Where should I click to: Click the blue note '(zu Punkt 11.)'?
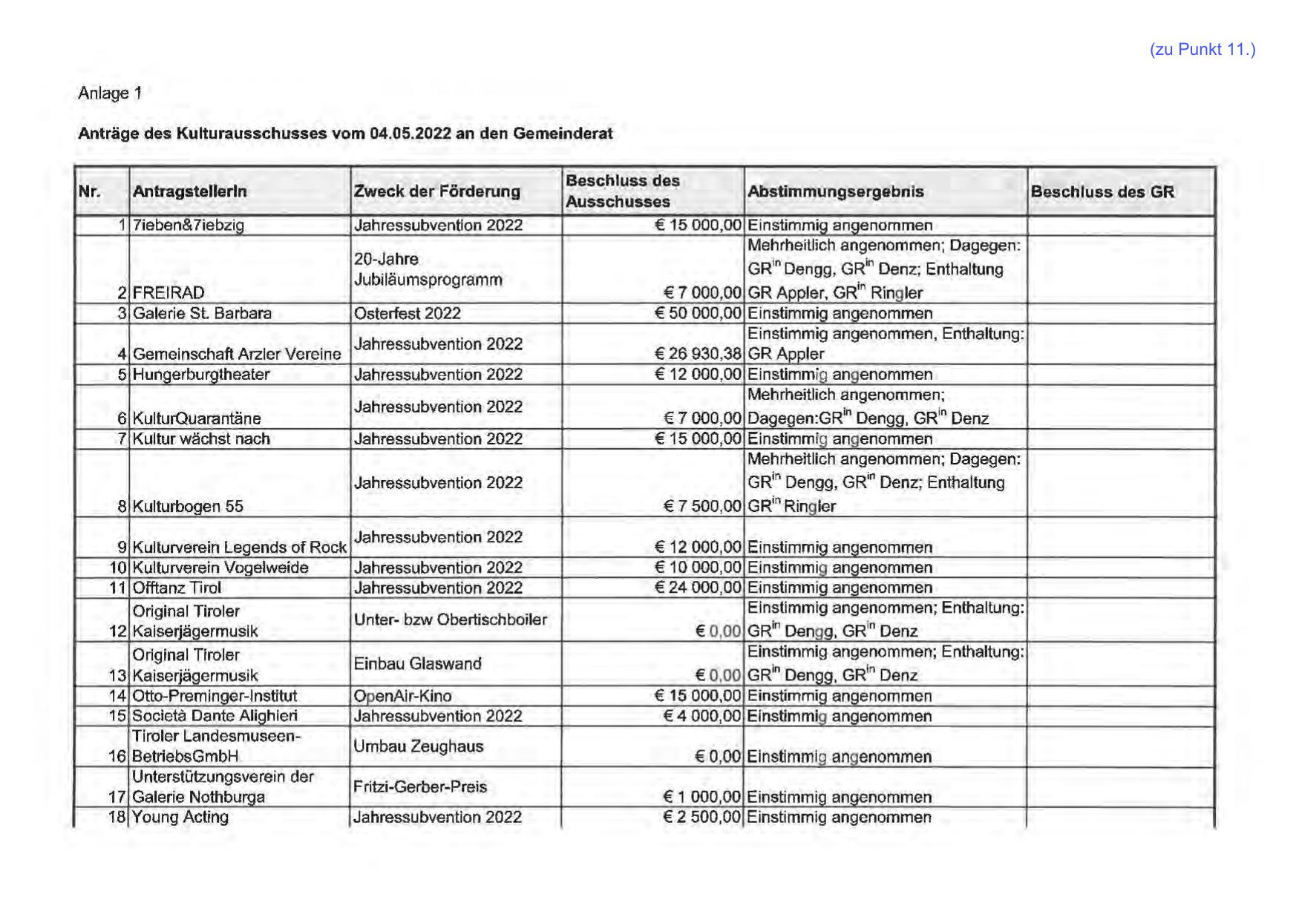pos(1202,50)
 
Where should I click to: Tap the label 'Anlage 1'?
pos(110,93)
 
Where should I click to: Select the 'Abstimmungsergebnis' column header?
pos(835,191)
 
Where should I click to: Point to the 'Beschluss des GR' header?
pos(1102,192)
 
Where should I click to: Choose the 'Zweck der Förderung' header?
pos(436,191)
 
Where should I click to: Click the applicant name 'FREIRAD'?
pos(169,293)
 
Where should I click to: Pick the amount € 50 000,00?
pos(698,314)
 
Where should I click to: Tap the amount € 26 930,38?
pos(698,355)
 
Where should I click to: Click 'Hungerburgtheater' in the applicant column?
pos(200,375)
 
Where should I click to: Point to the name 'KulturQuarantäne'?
pos(196,418)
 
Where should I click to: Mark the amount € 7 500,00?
pos(702,507)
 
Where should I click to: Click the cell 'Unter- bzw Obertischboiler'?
pos(450,620)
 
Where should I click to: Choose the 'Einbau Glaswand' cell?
pos(417,664)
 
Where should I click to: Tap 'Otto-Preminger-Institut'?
pos(214,696)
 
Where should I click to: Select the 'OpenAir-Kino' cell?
pos(402,696)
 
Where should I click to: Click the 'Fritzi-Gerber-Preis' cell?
pos(419,787)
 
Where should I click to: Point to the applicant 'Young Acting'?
pos(180,818)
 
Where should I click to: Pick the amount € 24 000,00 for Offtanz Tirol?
pos(698,588)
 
